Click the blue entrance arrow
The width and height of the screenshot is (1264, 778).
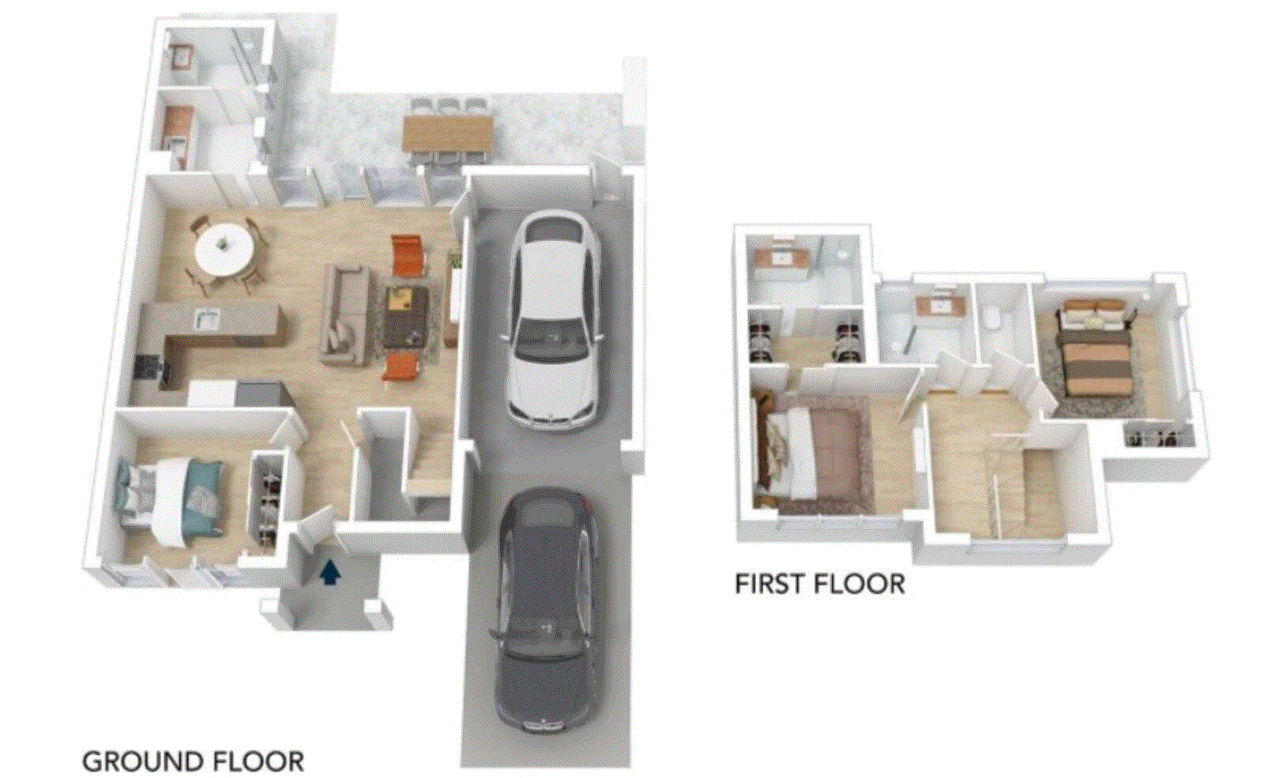(x=331, y=573)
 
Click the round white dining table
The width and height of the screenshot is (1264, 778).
(x=224, y=249)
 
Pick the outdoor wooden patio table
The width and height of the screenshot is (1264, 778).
(x=448, y=133)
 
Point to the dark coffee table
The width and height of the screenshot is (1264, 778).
(x=406, y=318)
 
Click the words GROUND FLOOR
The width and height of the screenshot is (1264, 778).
(x=193, y=761)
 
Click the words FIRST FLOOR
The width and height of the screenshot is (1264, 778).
(x=820, y=584)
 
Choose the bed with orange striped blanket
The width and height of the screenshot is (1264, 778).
(x=1095, y=347)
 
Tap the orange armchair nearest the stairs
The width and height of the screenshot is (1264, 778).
(x=401, y=365)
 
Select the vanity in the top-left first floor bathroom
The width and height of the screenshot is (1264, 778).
(x=781, y=257)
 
